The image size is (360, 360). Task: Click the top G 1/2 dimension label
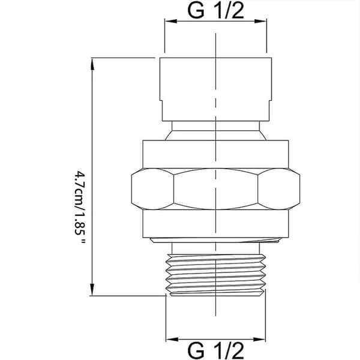(x=215, y=10)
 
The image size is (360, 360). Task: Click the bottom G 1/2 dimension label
(x=215, y=350)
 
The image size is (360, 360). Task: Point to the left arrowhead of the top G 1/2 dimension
(x=171, y=21)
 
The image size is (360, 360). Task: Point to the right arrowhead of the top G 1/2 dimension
(x=260, y=21)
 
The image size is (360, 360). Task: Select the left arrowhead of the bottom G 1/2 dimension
(x=172, y=340)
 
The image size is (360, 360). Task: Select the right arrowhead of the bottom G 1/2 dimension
(x=259, y=340)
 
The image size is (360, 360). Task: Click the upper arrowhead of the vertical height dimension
(x=92, y=64)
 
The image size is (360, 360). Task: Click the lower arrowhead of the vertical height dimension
(x=92, y=289)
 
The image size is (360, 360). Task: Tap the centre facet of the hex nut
(x=215, y=189)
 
